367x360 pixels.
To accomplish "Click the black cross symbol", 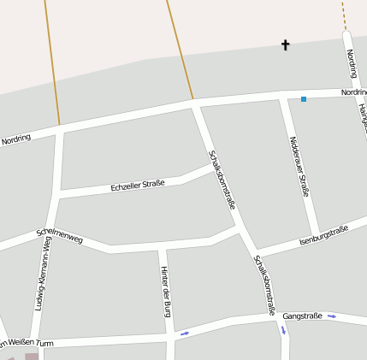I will pyautogui.click(x=286, y=44).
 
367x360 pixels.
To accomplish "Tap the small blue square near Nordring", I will pyautogui.click(x=303, y=99).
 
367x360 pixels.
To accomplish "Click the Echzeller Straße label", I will pyautogui.click(x=138, y=185).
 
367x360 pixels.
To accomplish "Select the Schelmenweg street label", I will pyautogui.click(x=59, y=236).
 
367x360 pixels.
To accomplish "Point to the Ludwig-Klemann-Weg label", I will pyautogui.click(x=40, y=273).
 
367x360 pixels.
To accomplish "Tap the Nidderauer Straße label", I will pyautogui.click(x=299, y=166).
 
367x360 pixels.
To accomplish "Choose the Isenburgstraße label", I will pyautogui.click(x=324, y=237).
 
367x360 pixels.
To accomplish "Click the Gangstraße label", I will pyautogui.click(x=302, y=316).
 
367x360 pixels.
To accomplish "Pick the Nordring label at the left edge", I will pyautogui.click(x=15, y=139).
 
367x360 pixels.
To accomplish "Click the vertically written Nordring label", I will pyautogui.click(x=351, y=63).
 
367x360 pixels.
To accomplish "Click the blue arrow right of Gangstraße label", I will pyautogui.click(x=332, y=316).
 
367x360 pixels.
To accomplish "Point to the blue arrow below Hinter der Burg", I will pyautogui.click(x=184, y=333).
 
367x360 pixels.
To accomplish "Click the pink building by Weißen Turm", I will pyautogui.click(x=32, y=356).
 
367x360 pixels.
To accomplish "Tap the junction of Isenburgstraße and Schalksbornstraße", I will pyautogui.click(x=254, y=252).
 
